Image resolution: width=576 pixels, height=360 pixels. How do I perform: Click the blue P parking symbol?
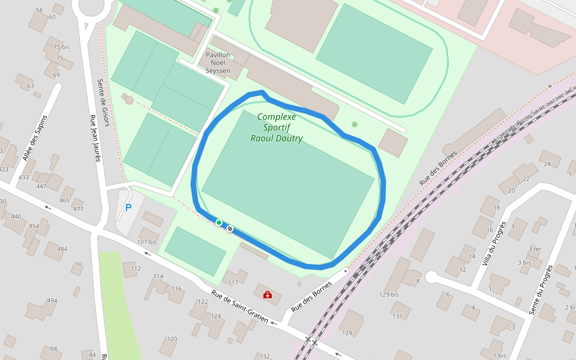click(128, 208)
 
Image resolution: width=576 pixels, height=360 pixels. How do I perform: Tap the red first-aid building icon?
click(267, 295)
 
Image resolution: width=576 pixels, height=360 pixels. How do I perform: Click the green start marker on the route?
click(219, 223)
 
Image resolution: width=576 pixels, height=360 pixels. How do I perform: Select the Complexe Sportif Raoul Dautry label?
click(277, 128)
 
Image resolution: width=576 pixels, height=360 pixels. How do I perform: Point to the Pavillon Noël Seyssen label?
click(218, 62)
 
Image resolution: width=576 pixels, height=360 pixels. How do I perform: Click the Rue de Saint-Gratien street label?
click(239, 307)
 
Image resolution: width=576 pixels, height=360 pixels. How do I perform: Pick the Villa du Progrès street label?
click(493, 244)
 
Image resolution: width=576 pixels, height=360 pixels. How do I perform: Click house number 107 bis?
click(146, 242)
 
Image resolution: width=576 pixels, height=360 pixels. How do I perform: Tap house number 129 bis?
click(389, 295)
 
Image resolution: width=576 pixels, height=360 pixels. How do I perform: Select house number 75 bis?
click(61, 47)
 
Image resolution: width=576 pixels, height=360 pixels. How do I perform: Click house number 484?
click(62, 249)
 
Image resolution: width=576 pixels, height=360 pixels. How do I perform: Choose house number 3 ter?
click(535, 248)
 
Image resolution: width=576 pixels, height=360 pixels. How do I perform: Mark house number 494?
click(52, 301)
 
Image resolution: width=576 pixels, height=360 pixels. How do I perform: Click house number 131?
click(397, 316)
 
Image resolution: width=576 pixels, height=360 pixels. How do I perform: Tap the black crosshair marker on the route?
click(230, 228)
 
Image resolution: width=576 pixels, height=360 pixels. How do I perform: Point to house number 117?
click(233, 283)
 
